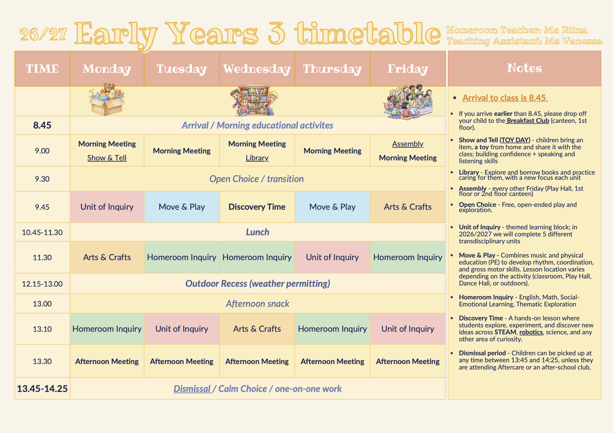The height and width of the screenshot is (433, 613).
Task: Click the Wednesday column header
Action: click(257, 69)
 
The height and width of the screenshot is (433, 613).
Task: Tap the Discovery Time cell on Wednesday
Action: click(257, 207)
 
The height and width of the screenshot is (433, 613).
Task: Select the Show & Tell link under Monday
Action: click(107, 158)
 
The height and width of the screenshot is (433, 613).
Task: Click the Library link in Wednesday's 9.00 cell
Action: click(257, 158)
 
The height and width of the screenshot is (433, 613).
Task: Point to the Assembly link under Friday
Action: click(408, 144)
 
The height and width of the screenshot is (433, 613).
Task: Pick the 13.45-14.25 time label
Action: click(42, 389)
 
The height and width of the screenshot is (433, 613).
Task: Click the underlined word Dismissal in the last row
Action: click(192, 389)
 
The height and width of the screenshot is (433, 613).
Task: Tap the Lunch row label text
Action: click(257, 232)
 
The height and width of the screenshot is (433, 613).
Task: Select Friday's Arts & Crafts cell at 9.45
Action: click(408, 207)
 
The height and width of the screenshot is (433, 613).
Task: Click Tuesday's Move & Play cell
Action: click(182, 207)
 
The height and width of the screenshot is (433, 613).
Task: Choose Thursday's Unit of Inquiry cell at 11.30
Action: click(332, 257)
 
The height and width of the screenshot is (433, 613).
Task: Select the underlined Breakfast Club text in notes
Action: click(528, 121)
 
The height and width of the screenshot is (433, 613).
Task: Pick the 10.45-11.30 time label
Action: click(42, 232)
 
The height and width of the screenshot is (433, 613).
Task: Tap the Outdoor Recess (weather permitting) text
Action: click(258, 283)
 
